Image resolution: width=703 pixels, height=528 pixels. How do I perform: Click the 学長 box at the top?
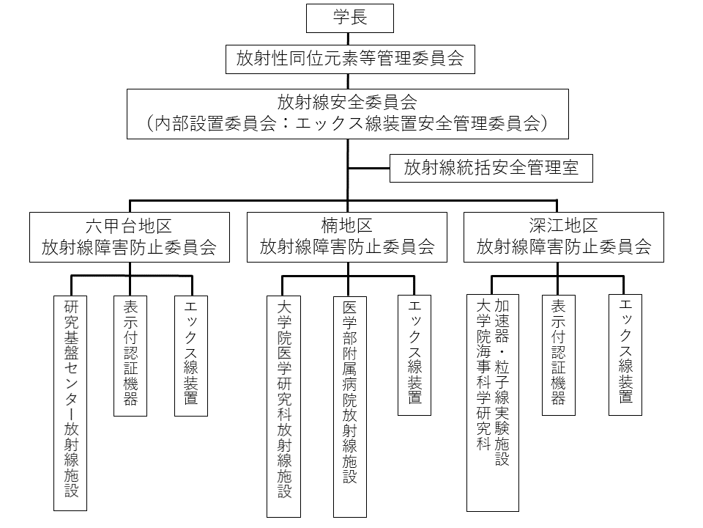click(x=350, y=19)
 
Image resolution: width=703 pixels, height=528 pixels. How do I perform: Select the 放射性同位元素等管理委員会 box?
click(x=350, y=59)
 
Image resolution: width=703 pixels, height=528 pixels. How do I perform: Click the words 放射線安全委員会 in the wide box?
click(x=348, y=102)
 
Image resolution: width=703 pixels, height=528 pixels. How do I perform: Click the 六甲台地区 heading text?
click(x=128, y=225)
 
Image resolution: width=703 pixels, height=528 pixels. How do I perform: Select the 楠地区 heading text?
click(x=346, y=225)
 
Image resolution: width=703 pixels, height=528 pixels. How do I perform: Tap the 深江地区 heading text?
click(x=563, y=225)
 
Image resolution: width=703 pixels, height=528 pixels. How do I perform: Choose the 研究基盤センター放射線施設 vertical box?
click(x=71, y=403)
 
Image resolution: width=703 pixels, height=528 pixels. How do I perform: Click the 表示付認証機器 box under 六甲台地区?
click(x=131, y=356)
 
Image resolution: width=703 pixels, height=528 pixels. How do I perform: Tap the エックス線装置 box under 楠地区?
click(x=414, y=356)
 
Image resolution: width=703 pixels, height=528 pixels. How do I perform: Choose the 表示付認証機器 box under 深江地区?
click(x=558, y=356)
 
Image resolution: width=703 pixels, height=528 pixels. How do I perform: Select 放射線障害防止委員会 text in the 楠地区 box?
click(x=346, y=248)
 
